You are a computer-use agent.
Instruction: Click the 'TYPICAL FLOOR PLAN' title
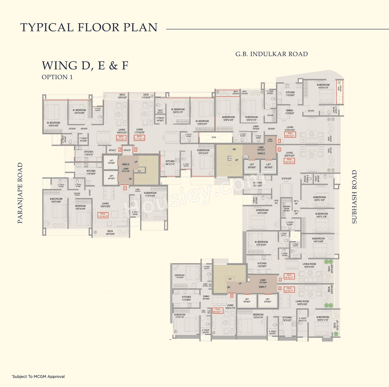tap(89, 27)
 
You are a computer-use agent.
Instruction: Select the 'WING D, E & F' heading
tap(85, 65)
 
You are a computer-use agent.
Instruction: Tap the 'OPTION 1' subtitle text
tap(57, 77)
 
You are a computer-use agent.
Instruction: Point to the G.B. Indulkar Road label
tap(271, 54)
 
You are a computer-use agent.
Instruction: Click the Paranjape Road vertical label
tap(20, 193)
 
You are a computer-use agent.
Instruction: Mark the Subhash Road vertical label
tap(354, 197)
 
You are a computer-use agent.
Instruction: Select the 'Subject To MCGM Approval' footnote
tap(38, 376)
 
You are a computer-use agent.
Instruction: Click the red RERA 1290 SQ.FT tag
tap(290, 134)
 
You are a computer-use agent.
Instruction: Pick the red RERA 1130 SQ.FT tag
tap(103, 215)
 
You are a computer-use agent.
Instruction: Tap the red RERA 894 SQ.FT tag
tap(217, 310)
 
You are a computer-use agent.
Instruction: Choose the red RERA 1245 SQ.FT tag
tap(289, 161)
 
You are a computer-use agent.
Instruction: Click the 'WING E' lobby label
tap(261, 153)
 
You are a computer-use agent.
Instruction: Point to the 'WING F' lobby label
tap(263, 287)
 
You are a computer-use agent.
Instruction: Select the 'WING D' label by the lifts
tap(126, 164)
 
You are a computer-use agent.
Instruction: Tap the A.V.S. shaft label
tap(214, 137)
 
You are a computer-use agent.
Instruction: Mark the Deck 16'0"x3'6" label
tap(110, 233)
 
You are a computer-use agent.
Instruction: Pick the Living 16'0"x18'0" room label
tap(105, 205)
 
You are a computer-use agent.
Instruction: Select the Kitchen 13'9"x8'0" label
tap(262, 265)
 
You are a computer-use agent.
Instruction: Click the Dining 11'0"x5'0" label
tap(289, 112)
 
